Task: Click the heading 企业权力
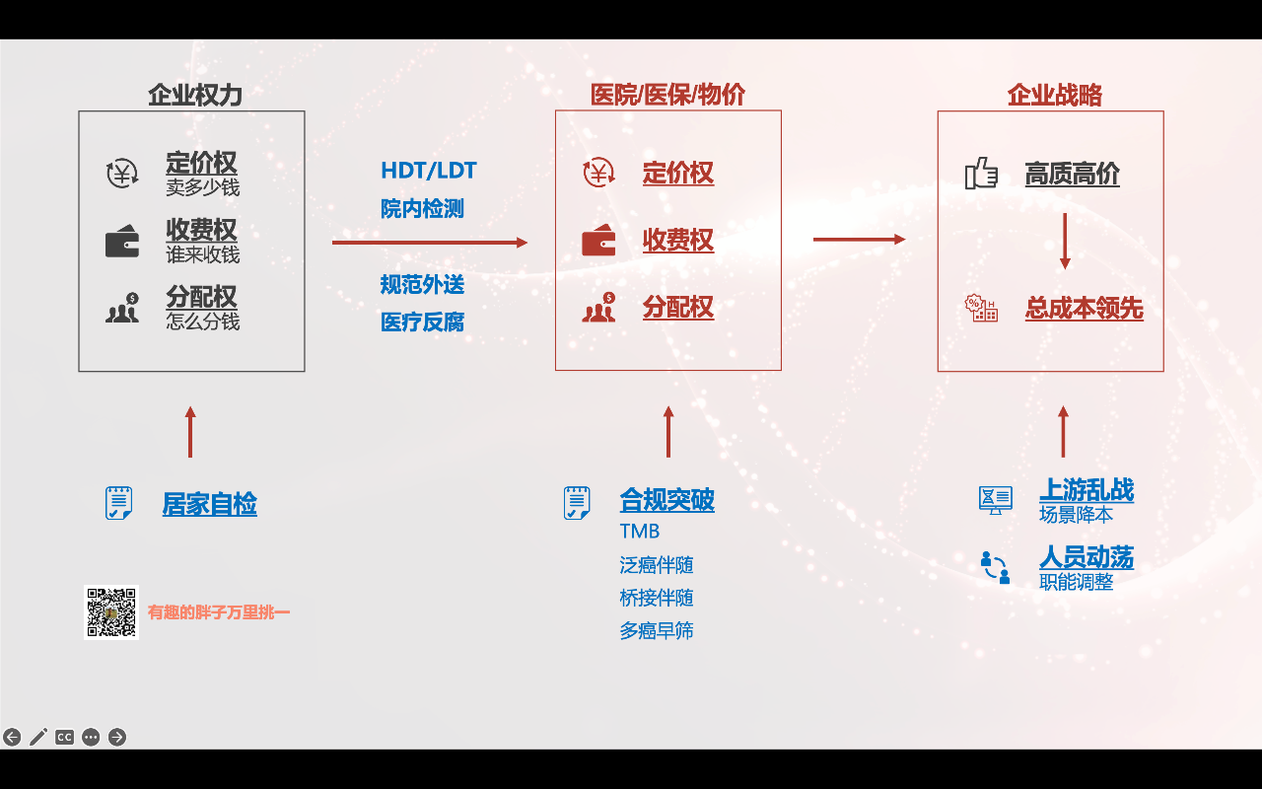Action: point(194,95)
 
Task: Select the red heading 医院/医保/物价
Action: point(667,95)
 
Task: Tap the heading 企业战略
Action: point(1054,95)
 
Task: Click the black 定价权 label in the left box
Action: point(201,163)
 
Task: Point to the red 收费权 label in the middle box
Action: point(677,240)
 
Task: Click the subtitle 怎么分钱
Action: point(202,322)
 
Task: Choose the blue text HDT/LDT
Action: point(428,171)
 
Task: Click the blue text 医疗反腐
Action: point(422,322)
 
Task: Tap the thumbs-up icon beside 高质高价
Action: point(981,175)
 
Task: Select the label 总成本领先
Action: point(1084,309)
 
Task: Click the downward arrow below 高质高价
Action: point(1065,241)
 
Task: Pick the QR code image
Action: point(111,612)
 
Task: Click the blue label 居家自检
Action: point(209,504)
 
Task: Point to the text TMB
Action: point(639,532)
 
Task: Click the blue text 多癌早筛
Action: point(656,630)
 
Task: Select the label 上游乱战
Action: point(1087,490)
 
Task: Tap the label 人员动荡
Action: point(1087,557)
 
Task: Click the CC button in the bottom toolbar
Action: point(64,737)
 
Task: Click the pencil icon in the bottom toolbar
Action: point(38,737)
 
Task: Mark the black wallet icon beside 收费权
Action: point(122,242)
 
